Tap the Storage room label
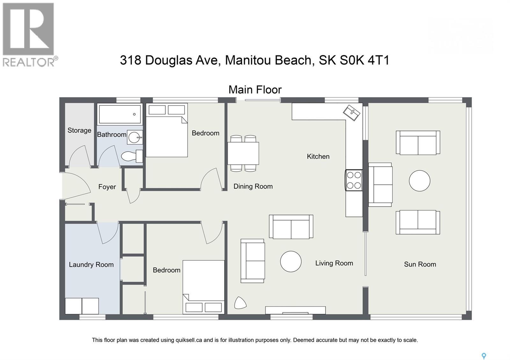79,130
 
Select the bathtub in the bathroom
120,114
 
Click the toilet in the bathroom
132,156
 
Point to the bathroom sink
135,137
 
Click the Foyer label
107,187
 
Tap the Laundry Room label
91,265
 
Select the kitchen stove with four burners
354,180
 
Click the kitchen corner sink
352,113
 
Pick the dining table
244,153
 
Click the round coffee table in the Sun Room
419,181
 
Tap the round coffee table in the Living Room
291,262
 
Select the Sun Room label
420,264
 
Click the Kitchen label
318,156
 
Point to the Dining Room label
253,186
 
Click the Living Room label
334,263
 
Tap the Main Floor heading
255,90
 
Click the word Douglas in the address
169,61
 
